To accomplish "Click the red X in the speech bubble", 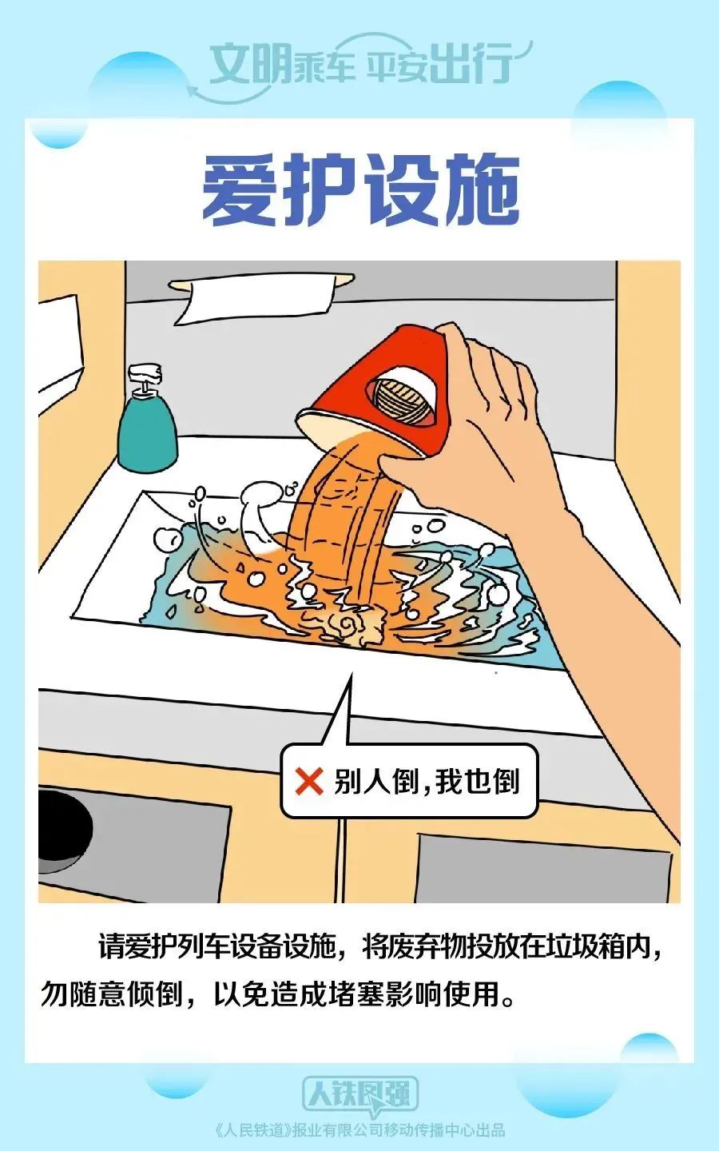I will click(308, 782).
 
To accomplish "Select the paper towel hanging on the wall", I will click(256, 300).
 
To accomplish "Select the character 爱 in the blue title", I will click(238, 189).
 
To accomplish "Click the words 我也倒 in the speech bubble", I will click(477, 782).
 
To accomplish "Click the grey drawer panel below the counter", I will click(543, 867).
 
